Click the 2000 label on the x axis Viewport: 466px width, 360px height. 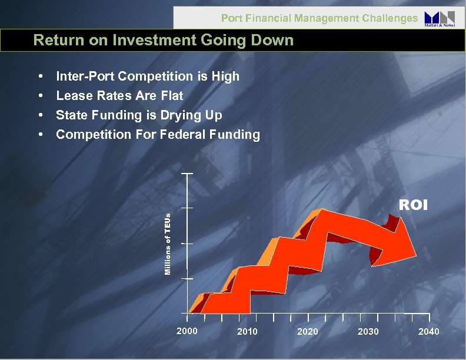187,331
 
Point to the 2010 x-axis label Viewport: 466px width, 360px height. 247,332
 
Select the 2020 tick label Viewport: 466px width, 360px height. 308,332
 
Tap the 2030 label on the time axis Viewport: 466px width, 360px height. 368,332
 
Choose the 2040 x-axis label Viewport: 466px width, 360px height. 428,332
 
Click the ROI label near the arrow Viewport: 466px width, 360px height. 414,205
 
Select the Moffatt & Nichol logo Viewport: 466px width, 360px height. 440,18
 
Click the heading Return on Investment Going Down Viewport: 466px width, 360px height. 163,41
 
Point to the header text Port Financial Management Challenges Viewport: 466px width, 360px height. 319,18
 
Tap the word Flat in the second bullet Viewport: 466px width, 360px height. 170,95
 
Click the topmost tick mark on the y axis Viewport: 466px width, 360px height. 187,175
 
